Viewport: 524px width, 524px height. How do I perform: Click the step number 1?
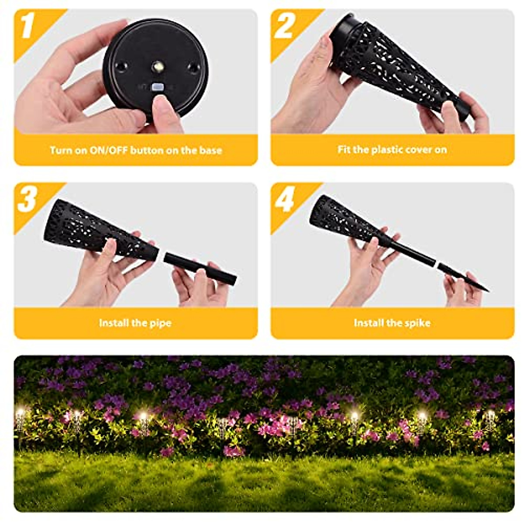[x=28, y=26]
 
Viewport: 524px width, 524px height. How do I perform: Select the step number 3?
[x=27, y=199]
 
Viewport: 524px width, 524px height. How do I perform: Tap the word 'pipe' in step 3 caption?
[x=161, y=324]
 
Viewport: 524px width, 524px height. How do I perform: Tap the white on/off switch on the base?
[x=157, y=88]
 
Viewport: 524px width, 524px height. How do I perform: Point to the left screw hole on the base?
[x=121, y=66]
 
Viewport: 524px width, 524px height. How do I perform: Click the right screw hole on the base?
[x=192, y=68]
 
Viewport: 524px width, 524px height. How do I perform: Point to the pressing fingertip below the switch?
[x=164, y=107]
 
